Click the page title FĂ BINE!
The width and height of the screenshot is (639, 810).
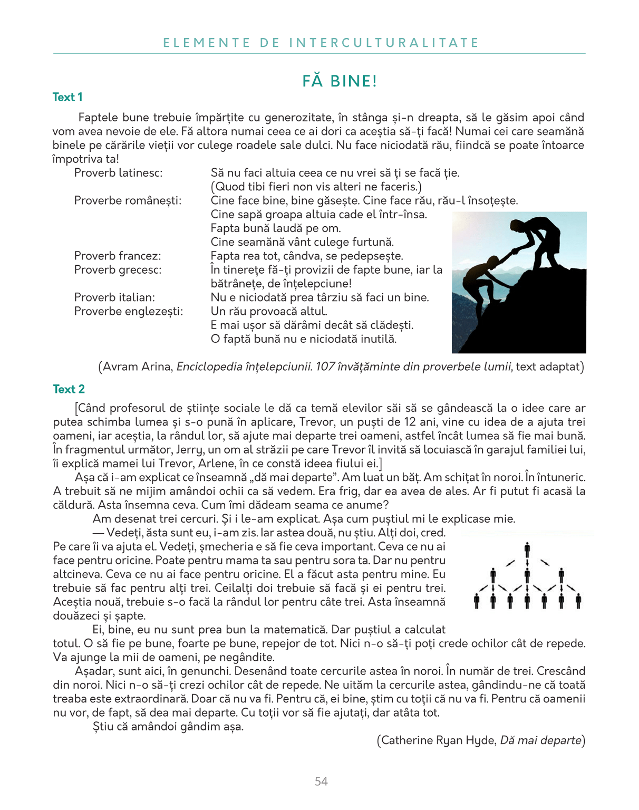tap(340, 81)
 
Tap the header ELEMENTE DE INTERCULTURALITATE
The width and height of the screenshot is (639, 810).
tap(321, 43)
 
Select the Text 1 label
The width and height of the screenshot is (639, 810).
tap(67, 97)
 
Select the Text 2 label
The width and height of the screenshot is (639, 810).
tap(69, 389)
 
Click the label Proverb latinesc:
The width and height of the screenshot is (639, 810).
tap(118, 173)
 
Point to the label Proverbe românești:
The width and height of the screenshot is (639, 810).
tap(128, 201)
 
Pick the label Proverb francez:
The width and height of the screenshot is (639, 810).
tap(118, 256)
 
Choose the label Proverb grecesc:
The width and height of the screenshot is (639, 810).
tap(118, 270)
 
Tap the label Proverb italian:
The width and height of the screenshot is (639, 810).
tap(114, 297)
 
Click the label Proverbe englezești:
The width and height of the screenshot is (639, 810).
tap(129, 311)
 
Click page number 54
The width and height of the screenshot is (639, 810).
tap(321, 782)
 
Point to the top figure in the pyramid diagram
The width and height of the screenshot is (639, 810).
tap(527, 551)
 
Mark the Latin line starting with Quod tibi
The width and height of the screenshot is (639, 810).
tap(316, 187)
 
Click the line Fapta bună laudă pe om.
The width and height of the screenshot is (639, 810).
tap(276, 228)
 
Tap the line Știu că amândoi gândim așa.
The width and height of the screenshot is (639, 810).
tap(168, 727)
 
